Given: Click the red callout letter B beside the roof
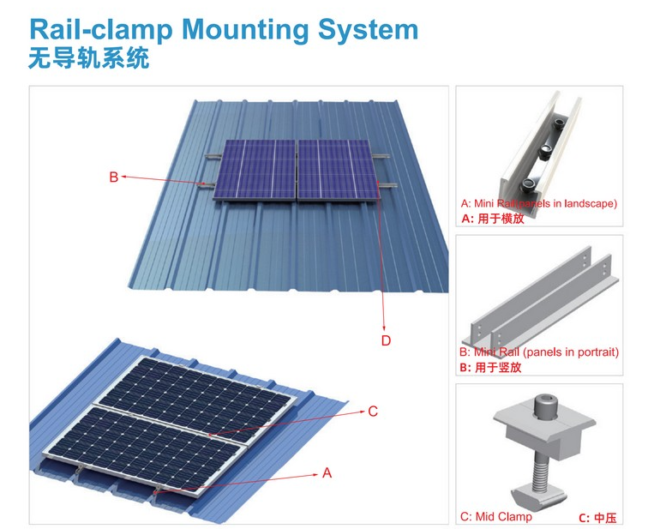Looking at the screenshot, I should click(113, 177).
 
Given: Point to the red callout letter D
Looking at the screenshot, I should click(386, 340).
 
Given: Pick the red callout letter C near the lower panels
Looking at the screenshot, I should click(373, 412).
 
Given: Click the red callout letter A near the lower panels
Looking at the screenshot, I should click(327, 473).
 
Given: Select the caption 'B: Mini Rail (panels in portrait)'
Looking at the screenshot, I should click(538, 352).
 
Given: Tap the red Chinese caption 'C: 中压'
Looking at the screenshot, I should click(597, 517).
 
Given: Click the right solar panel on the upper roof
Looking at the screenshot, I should click(334, 168).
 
